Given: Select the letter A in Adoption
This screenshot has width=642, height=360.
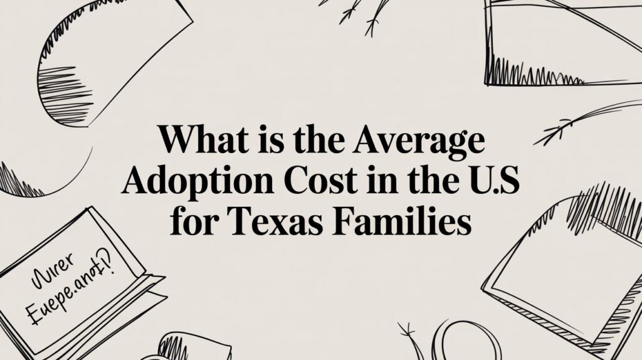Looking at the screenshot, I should click(x=135, y=182).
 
